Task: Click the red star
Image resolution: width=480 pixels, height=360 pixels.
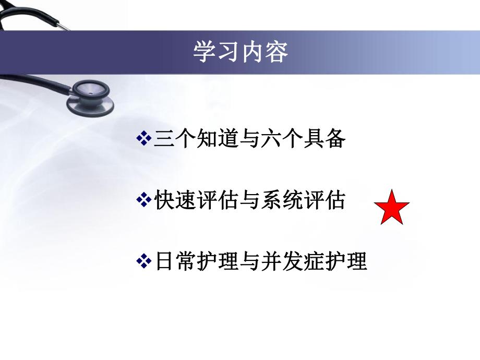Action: pyautogui.click(x=392, y=208)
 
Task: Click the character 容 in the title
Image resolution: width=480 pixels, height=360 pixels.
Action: pyautogui.click(x=276, y=52)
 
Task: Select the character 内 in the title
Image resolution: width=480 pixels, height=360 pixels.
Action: pyautogui.click(x=253, y=52)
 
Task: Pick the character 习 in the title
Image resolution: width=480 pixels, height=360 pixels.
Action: pyautogui.click(x=229, y=52)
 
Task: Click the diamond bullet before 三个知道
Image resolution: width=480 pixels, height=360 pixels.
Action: pyautogui.click(x=143, y=139)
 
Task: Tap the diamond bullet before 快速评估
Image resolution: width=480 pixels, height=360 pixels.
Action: pyautogui.click(x=143, y=200)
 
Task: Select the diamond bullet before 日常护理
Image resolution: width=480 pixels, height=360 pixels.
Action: pyautogui.click(x=143, y=261)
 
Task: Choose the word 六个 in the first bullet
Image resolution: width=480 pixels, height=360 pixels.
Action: pyautogui.click(x=284, y=139)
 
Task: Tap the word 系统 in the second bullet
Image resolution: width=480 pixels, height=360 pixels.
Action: pyautogui.click(x=284, y=200)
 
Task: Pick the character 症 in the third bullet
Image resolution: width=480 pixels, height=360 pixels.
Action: pyautogui.click(x=320, y=261)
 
